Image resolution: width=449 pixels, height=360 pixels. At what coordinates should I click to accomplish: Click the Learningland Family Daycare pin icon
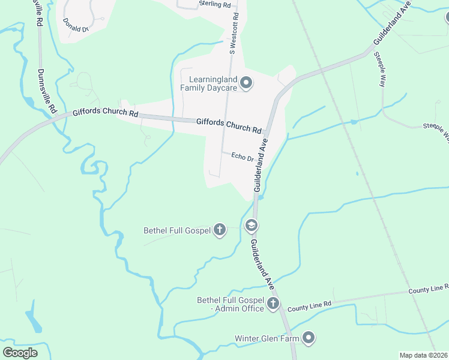pos(246,83)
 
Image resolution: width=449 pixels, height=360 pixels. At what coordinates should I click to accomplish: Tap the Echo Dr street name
pos(243,157)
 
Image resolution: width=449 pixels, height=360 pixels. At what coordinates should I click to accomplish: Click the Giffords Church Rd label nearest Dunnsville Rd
pos(106,113)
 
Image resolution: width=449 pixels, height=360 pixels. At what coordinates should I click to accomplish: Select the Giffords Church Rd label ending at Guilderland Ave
pos(229,125)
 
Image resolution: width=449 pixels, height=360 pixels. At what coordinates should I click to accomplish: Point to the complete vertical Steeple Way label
pos(379,70)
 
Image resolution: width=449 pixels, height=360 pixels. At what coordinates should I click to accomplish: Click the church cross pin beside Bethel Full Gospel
pos(220,229)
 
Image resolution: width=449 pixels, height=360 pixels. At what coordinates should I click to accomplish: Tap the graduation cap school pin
pos(252,226)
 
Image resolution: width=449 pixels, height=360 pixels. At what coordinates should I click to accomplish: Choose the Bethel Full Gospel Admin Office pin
pos(273,303)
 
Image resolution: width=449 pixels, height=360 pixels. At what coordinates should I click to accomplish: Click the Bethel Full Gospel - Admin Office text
pos(231,304)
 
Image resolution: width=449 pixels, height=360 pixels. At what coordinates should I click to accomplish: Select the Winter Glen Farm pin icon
pos(309,338)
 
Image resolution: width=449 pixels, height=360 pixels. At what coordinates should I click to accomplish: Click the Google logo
pos(20,352)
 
